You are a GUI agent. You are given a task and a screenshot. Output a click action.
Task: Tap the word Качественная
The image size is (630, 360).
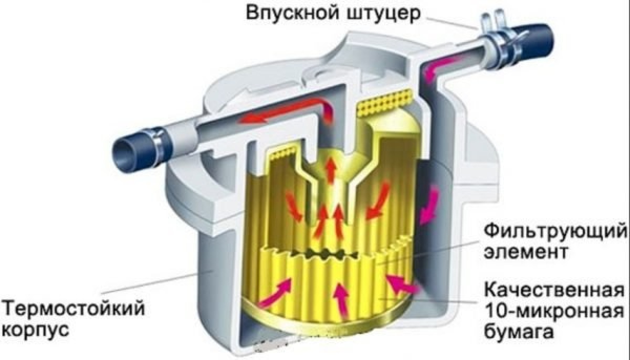[554, 290]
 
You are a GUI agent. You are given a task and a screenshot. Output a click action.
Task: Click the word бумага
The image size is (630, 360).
[518, 332]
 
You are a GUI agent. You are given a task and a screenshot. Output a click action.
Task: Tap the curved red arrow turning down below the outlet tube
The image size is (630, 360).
[326, 113]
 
